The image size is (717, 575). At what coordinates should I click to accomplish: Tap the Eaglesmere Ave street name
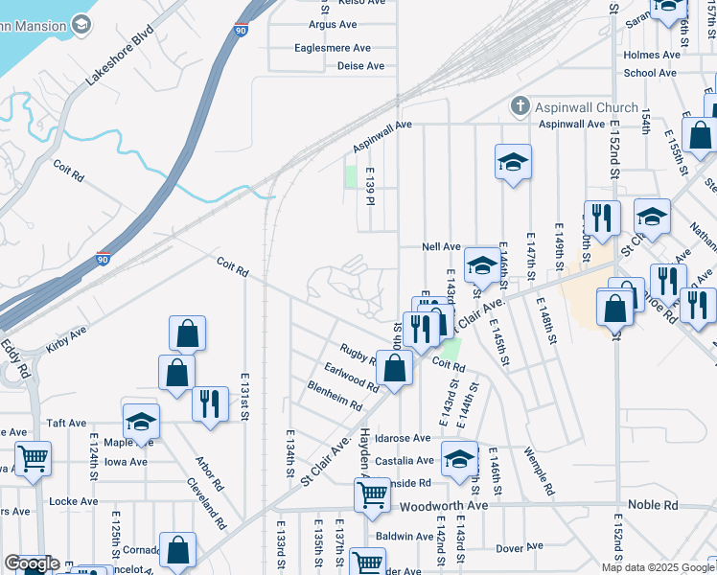click(x=333, y=48)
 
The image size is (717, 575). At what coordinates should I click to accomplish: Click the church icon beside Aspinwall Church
click(x=520, y=105)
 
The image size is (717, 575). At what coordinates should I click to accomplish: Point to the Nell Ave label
click(x=442, y=246)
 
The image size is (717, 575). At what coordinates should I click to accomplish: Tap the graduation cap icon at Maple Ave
click(x=141, y=422)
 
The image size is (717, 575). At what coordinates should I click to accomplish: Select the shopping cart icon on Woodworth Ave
click(x=372, y=495)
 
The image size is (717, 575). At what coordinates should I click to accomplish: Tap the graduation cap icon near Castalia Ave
click(x=459, y=458)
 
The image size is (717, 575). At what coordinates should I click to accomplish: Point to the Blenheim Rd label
click(x=335, y=396)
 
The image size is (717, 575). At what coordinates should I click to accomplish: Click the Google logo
click(x=32, y=563)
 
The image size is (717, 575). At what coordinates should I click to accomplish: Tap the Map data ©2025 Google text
click(x=658, y=567)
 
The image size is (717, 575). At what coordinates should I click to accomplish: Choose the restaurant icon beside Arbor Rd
click(x=210, y=403)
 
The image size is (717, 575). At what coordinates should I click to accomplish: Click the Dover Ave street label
click(x=520, y=548)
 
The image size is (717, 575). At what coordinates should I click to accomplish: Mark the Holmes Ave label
click(x=652, y=55)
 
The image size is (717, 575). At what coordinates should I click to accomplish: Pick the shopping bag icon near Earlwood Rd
click(x=394, y=367)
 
